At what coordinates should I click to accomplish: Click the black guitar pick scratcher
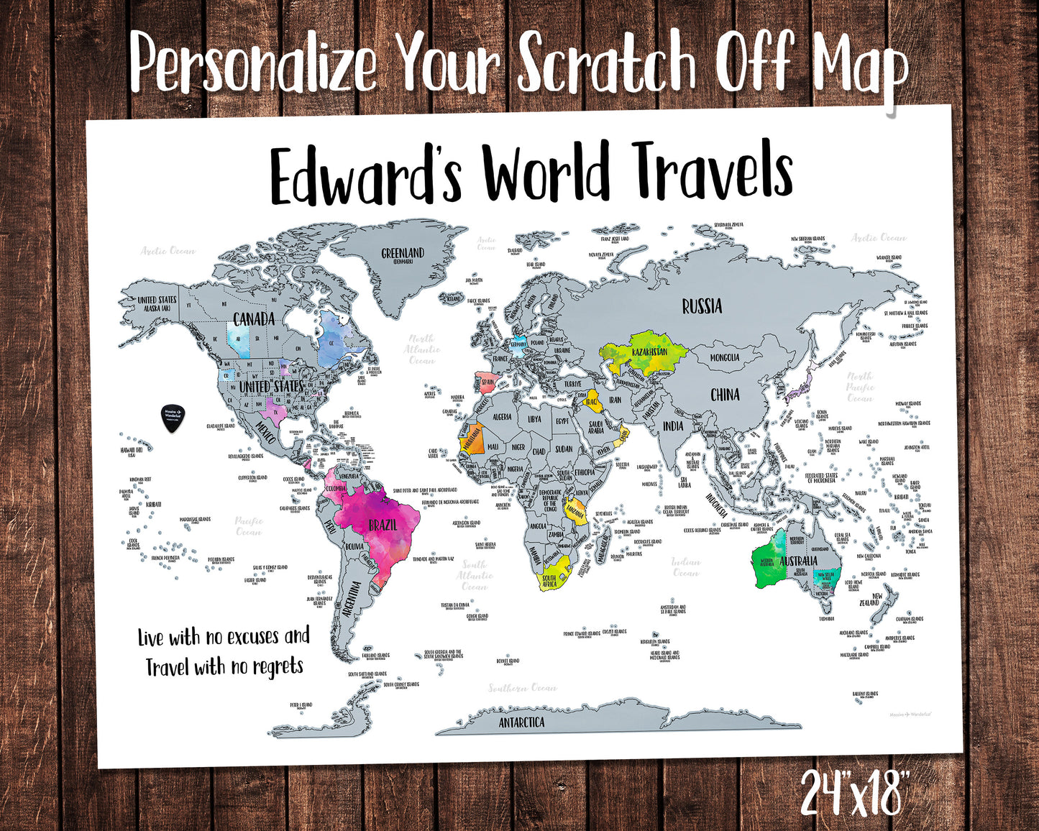pos(173,418)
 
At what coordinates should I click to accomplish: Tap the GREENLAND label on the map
pos(403,254)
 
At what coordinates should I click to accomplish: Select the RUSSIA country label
pos(702,307)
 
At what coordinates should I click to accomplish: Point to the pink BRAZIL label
pos(383,525)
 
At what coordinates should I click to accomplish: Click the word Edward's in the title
pos(365,175)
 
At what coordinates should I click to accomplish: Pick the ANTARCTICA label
pos(522,722)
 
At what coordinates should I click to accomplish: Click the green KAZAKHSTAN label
pos(649,353)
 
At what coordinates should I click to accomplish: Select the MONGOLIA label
pos(725,357)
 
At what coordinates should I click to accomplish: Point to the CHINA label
pos(725,395)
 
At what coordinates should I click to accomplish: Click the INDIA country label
pos(673,426)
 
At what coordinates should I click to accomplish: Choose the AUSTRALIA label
pos(798,561)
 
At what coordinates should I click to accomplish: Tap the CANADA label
pos(254,318)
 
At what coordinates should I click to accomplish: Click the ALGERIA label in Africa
pos(501,417)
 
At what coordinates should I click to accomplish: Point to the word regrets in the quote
pos(278,668)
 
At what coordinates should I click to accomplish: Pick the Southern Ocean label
pos(523,688)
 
